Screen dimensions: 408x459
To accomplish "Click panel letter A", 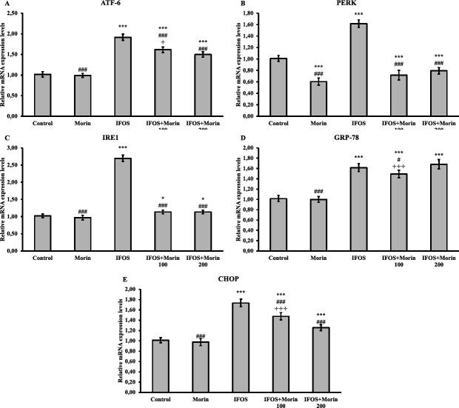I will [x=4, y=4].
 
